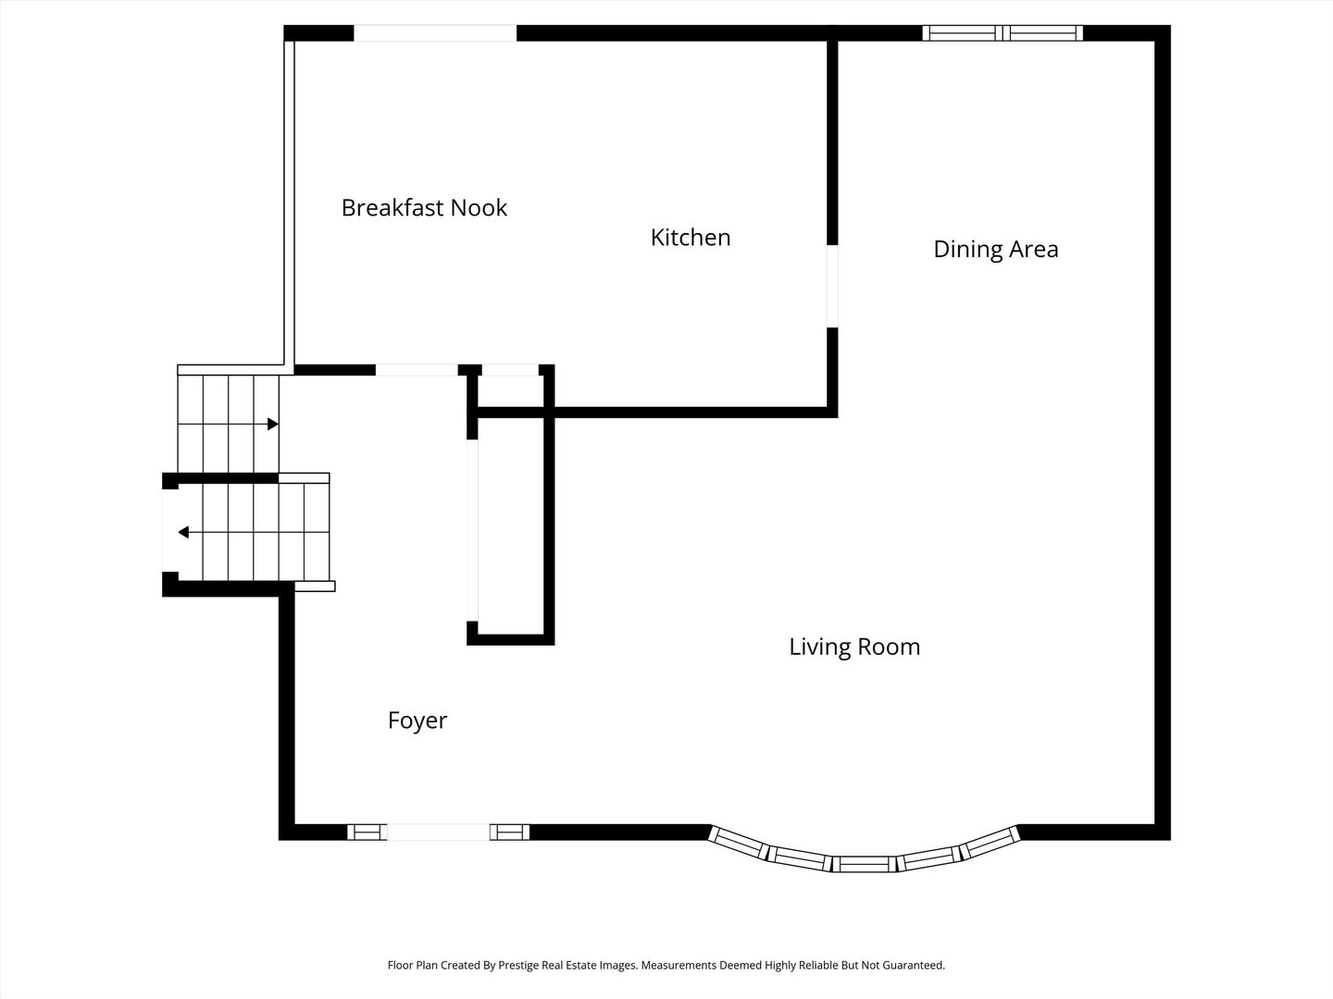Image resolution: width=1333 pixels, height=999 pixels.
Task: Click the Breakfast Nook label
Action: click(424, 207)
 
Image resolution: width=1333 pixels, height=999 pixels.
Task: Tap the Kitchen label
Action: click(691, 238)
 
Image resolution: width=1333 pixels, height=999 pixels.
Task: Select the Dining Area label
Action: click(995, 249)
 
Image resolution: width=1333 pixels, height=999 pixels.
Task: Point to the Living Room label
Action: click(854, 647)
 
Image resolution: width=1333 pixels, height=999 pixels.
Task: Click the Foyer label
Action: click(417, 721)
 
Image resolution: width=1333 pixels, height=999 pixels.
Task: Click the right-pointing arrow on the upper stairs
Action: click(272, 424)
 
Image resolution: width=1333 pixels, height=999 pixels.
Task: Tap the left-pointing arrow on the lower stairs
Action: click(184, 532)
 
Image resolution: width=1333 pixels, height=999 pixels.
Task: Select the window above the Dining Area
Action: click(1004, 33)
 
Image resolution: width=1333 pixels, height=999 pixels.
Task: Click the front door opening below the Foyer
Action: click(438, 832)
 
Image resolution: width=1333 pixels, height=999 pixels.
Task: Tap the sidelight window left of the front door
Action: click(368, 832)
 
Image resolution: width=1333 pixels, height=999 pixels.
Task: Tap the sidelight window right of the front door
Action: click(509, 832)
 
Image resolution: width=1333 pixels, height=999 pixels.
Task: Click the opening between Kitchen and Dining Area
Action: click(832, 286)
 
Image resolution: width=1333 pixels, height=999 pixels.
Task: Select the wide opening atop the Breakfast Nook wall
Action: click(435, 33)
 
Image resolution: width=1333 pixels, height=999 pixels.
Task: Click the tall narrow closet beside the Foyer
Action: click(510, 525)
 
